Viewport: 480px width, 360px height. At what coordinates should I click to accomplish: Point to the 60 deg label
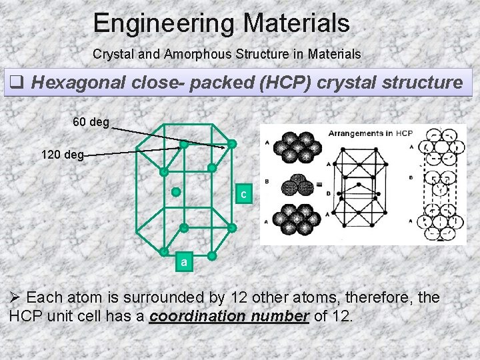pos(91,122)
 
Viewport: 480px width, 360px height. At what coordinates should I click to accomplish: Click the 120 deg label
pos(62,155)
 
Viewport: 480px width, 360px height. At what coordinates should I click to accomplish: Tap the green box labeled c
pos(245,194)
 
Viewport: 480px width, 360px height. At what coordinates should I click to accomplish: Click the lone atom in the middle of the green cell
pos(176,192)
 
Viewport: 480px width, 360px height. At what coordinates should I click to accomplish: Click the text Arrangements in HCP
pos(371,133)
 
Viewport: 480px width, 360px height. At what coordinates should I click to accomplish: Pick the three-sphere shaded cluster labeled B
pos(293,185)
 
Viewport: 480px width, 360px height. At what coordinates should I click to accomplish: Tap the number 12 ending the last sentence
pos(341,316)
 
